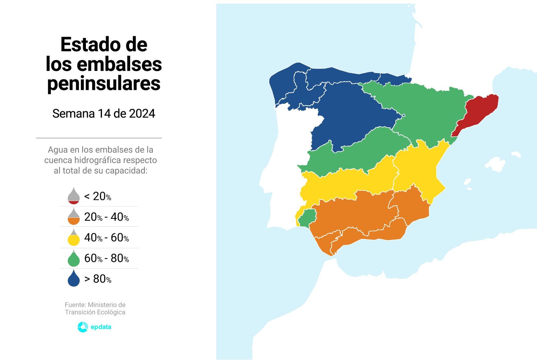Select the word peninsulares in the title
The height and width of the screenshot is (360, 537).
[104, 84]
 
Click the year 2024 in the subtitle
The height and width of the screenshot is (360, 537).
[142, 114]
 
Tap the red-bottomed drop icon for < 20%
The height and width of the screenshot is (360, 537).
[74, 196]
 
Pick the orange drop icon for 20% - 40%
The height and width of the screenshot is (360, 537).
[74, 217]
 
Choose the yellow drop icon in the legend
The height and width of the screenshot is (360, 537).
[74, 238]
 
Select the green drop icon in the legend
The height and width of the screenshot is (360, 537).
[74, 258]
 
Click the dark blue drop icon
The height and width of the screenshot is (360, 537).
[74, 279]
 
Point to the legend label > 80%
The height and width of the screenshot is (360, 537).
[98, 279]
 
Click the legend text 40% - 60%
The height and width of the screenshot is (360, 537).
[106, 238]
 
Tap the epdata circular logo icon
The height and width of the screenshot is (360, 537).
[83, 327]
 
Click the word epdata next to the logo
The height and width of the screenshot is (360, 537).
[101, 327]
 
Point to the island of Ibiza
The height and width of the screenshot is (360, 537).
[468, 183]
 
